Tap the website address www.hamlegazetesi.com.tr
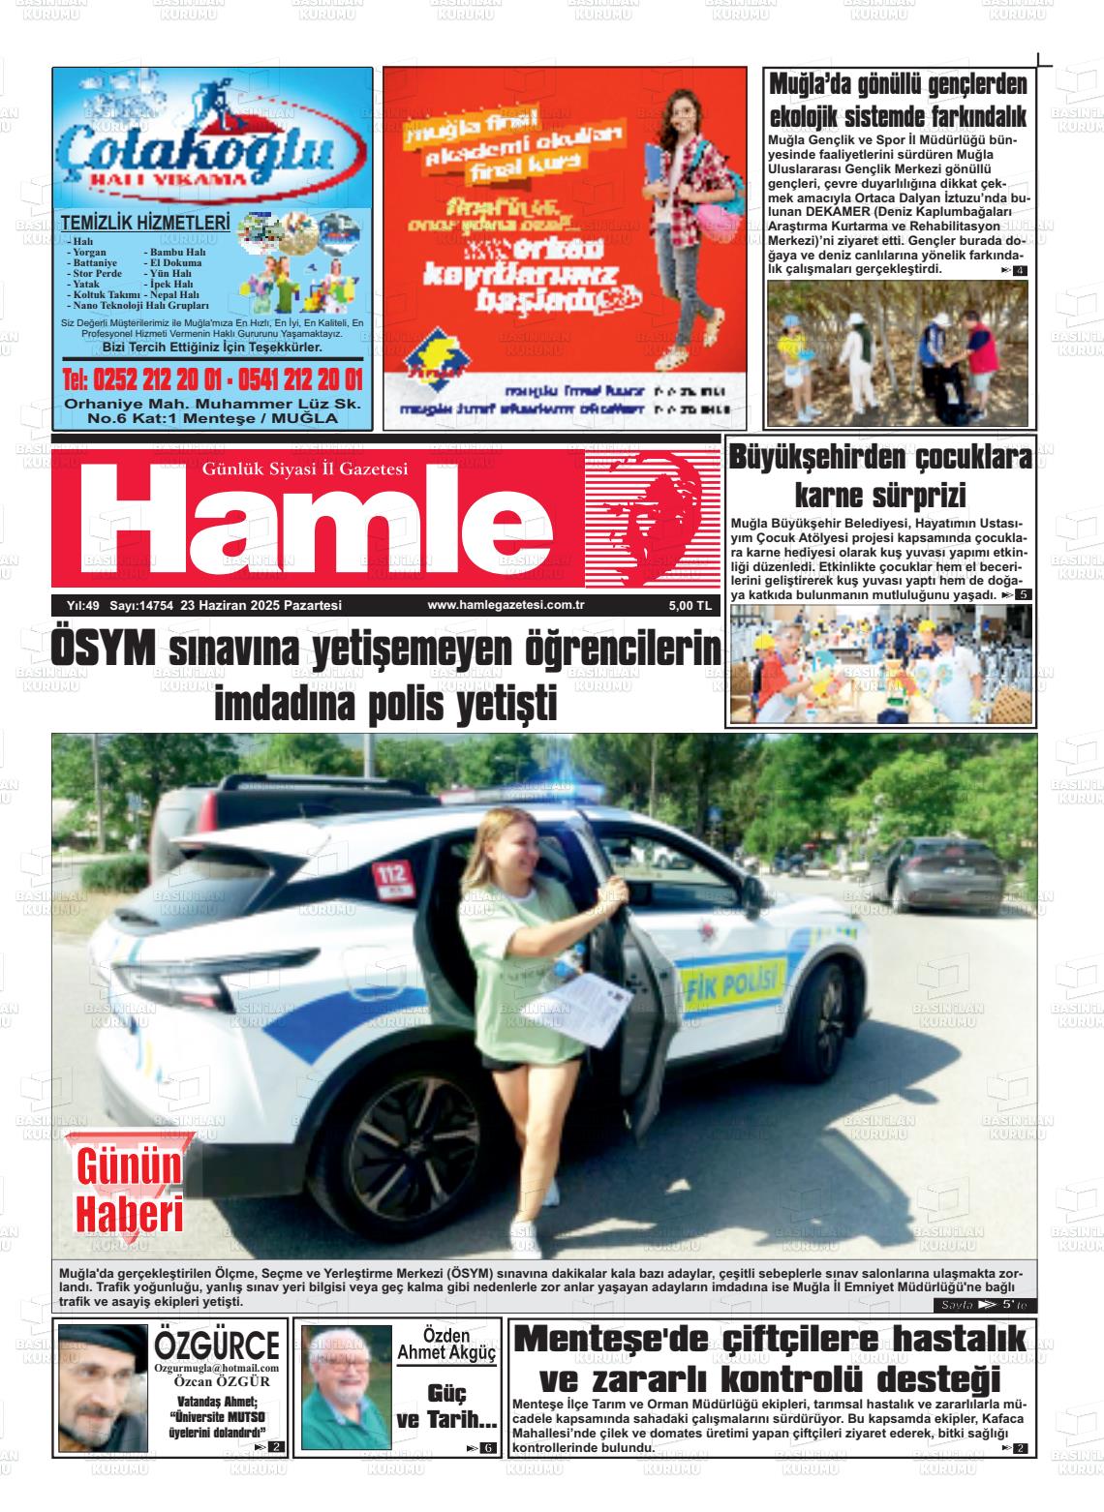point(500,605)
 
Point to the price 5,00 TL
point(690,606)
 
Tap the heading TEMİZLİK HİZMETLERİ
point(145,224)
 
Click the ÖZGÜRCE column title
point(217,1345)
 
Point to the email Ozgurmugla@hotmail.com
point(217,1368)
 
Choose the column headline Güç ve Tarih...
point(446,1406)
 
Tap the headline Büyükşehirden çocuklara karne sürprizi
point(879,475)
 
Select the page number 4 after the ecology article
point(1019,270)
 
